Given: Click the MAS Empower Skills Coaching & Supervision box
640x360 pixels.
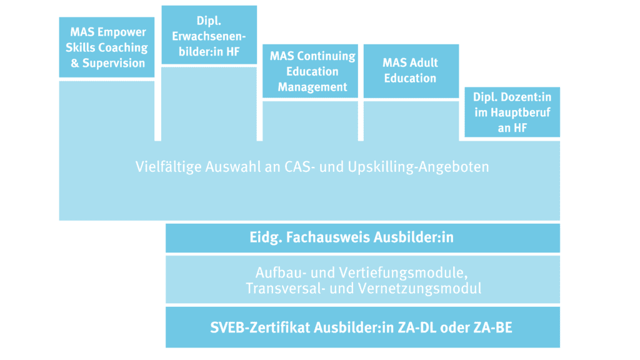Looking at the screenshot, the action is [x=106, y=47].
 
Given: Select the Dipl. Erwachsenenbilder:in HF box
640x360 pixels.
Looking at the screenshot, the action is [x=209, y=35].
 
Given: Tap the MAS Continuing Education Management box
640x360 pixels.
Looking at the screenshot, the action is [x=310, y=71].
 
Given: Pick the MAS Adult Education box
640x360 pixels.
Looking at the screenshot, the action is [x=411, y=71].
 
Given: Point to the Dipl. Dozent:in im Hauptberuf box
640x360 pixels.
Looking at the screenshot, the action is [x=512, y=112].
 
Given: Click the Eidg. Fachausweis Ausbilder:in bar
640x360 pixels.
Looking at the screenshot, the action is [x=363, y=238].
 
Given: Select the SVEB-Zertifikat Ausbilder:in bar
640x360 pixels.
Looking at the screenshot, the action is [x=363, y=327].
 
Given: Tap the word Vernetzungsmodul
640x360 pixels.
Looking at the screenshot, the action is [x=420, y=289].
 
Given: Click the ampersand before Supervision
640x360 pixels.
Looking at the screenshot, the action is [x=75, y=63].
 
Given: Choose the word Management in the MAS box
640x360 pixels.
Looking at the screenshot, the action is [x=312, y=87].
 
